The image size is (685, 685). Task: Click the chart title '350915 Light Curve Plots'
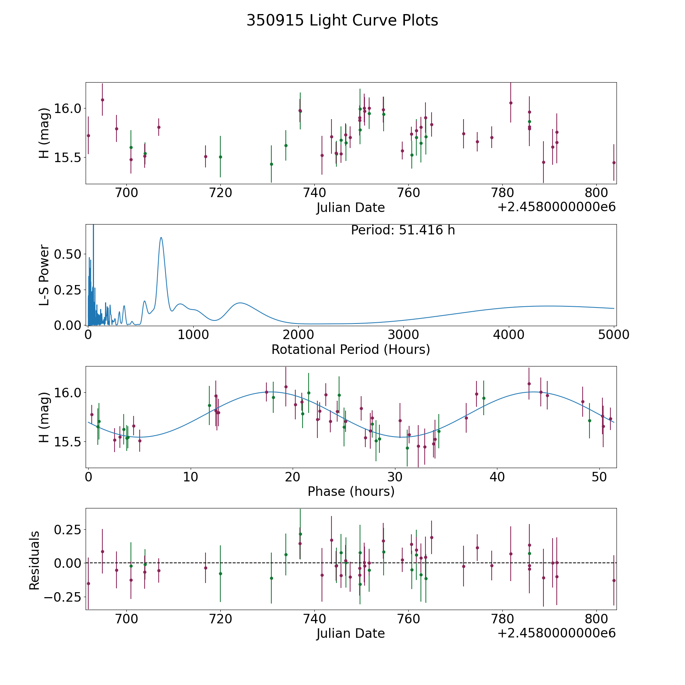[342, 21]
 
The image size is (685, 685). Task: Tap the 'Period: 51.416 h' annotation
[403, 230]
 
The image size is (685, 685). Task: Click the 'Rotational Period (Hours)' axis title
[350, 349]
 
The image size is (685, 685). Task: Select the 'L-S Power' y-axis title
[45, 275]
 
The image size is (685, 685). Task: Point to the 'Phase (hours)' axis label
[351, 491]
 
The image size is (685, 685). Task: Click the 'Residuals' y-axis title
[35, 560]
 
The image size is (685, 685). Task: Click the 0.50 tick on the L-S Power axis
[68, 254]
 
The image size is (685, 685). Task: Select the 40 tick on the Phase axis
[497, 477]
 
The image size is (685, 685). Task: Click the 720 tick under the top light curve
[220, 193]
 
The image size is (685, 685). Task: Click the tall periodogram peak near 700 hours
[161, 238]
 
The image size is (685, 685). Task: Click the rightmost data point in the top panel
[613, 162]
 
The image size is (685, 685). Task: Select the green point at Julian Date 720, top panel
[220, 157]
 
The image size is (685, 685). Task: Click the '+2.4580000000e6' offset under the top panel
[556, 207]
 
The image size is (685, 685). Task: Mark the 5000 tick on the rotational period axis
[614, 335]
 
